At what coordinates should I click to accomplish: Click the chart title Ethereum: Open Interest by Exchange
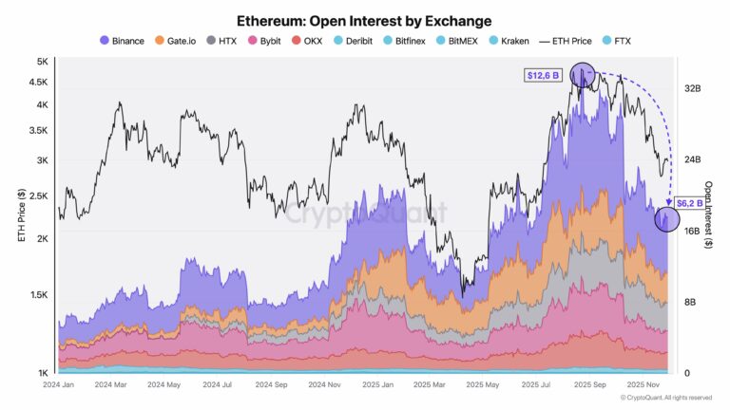(x=365, y=20)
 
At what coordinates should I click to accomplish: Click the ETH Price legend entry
(x=570, y=41)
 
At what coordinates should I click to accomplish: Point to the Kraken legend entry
(x=512, y=41)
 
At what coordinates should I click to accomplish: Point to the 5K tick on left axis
(x=42, y=62)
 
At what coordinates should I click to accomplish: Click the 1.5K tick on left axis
(x=38, y=295)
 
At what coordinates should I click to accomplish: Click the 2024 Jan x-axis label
(x=59, y=386)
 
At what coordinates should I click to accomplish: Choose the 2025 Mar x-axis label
(x=433, y=386)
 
